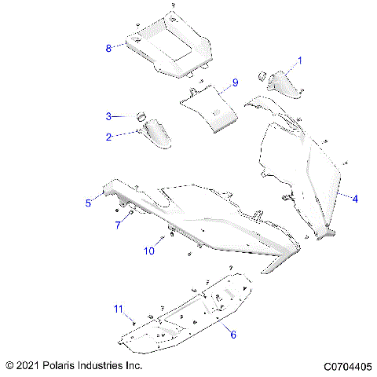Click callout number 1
[x=298, y=60]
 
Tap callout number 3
[x=110, y=116]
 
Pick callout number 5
[x=89, y=203]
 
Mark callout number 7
[x=119, y=225]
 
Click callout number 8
[x=109, y=48]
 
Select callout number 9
[x=234, y=83]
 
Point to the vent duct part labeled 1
[x=283, y=82]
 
